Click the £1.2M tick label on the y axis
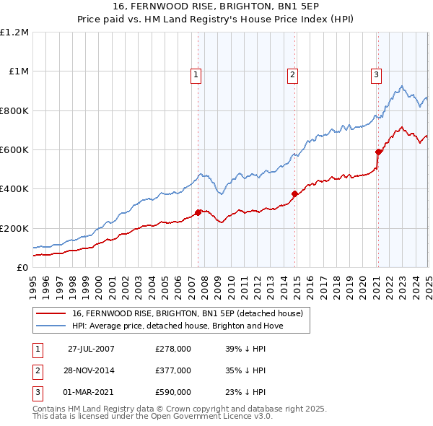[14, 32]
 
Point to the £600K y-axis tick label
[14, 150]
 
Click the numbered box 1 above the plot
[196, 73]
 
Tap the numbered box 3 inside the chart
[376, 73]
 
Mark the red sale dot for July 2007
[198, 212]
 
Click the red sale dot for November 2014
[294, 194]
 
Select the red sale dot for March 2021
[378, 152]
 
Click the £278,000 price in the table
[173, 349]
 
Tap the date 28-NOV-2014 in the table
[91, 370]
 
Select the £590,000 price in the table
[173, 392]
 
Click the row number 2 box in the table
[37, 370]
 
